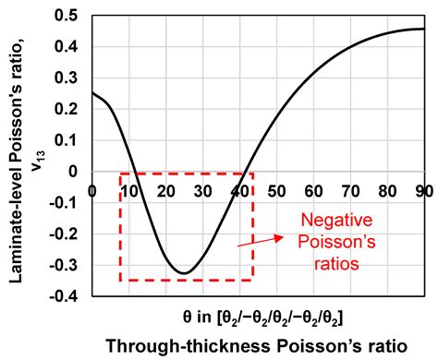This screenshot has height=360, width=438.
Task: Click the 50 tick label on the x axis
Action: pos(276,190)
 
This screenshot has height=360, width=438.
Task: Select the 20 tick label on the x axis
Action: pos(165,190)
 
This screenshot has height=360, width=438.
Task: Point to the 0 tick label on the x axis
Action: pos(91,190)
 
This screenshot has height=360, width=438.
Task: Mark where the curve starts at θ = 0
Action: pos(92,93)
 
